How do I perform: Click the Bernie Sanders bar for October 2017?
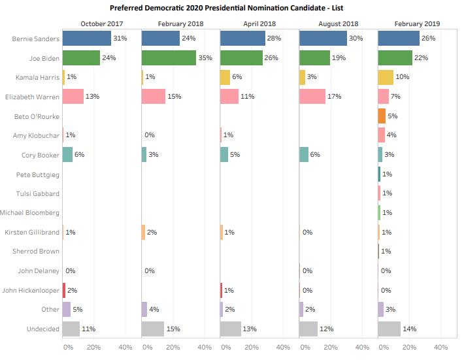[x=87, y=39]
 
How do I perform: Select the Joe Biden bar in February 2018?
[x=169, y=58]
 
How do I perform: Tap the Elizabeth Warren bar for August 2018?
[x=312, y=97]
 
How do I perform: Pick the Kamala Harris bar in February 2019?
[x=386, y=77]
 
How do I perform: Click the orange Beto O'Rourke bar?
[x=382, y=116]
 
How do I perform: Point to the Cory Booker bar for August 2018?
[x=304, y=155]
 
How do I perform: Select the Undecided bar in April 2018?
[x=231, y=329]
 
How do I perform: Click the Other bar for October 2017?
[x=66, y=309]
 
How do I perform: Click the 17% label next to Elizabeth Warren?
[x=335, y=97]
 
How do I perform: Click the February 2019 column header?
[x=417, y=24]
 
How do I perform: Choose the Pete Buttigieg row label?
[x=37, y=174]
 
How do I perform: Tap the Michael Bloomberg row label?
[x=30, y=213]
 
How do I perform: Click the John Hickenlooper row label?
[x=31, y=290]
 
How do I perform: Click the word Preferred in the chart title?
[x=136, y=8]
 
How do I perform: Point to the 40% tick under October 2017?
[x=125, y=347]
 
